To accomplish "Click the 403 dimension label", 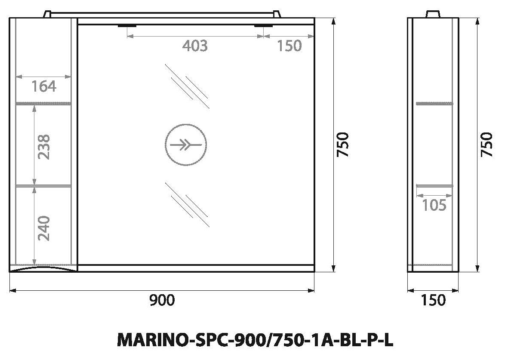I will pos(194,46).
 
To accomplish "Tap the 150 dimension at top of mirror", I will pos(289,46).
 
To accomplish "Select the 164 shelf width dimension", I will pos(44,86).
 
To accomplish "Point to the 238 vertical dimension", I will pos(44,146).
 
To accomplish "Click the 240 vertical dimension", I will pos(44,228).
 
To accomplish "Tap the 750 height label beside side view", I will pos(486,145).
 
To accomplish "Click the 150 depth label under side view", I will pos(433,300).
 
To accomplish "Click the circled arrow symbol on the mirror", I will pos(186,145).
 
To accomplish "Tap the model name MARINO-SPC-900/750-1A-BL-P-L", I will pos(256,340).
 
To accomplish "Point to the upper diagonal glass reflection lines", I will pos(188,86).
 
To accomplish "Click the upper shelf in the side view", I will pos(434,103).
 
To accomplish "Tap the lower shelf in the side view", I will pos(434,185).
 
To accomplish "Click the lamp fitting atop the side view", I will pos(433,14).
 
